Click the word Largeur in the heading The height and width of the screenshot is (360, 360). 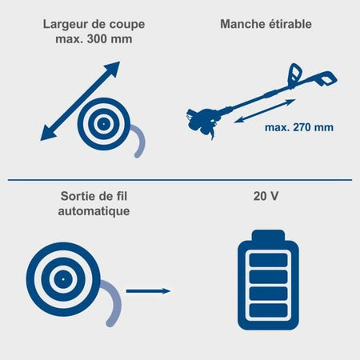pyautogui.click(x=62, y=25)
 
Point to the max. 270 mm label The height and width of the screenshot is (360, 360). pyautogui.click(x=299, y=127)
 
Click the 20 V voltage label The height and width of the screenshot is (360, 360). pyautogui.click(x=266, y=196)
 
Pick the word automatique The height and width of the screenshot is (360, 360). pyautogui.click(x=94, y=211)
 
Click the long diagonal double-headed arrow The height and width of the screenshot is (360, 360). pyautogui.click(x=80, y=101)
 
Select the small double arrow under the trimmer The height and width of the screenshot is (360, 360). pyautogui.click(x=265, y=111)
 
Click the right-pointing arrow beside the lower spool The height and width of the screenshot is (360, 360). pyautogui.click(x=148, y=291)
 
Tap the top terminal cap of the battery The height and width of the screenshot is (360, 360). pyautogui.click(x=268, y=235)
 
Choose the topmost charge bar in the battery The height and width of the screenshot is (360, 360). pyautogui.click(x=268, y=260)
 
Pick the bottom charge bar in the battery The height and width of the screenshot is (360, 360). pyautogui.click(x=268, y=310)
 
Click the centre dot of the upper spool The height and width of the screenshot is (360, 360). pyautogui.click(x=103, y=124)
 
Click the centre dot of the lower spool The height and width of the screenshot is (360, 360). pyautogui.click(x=63, y=279)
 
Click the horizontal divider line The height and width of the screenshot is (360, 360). pyautogui.click(x=180, y=180)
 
